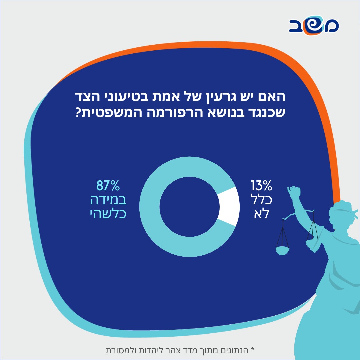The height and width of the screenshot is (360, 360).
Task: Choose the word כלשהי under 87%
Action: point(108,214)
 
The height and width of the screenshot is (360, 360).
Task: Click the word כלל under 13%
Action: point(262,200)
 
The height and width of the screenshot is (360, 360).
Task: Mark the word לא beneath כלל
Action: point(262,214)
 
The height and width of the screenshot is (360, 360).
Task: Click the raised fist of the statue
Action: point(294,193)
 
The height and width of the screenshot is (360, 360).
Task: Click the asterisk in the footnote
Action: point(252,350)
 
